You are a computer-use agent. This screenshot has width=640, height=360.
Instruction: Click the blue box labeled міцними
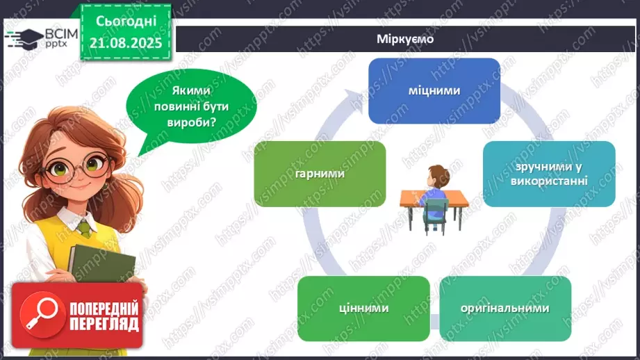click(x=434, y=90)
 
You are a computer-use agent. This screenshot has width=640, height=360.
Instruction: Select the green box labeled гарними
click(x=320, y=173)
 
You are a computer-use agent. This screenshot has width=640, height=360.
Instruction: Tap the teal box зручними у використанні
click(x=549, y=174)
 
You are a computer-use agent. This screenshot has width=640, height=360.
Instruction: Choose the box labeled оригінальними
click(x=505, y=308)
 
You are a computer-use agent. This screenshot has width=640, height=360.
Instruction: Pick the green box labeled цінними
click(x=363, y=308)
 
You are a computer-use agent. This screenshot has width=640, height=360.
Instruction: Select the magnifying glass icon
click(x=40, y=315)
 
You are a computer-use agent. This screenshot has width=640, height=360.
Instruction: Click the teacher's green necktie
click(x=84, y=227)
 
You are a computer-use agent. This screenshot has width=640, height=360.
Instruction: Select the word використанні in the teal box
click(x=549, y=181)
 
